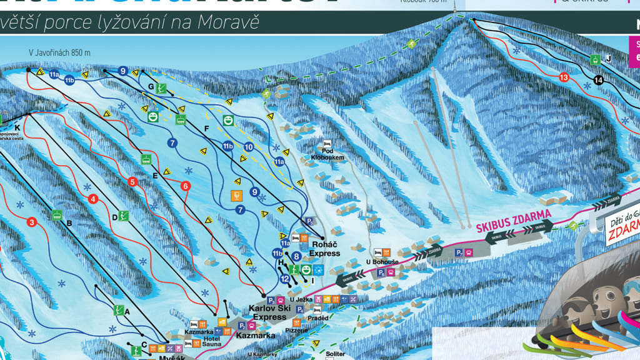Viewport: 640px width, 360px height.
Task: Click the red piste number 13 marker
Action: pos(564,77)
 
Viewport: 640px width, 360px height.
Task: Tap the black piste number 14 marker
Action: pos(599,80)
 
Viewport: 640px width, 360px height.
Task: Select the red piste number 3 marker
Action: pos(32,221)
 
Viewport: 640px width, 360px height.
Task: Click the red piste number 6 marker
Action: pos(185,186)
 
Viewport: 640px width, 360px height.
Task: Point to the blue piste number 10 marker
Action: pos(249,147)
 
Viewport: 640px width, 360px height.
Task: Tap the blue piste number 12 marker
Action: pos(285,279)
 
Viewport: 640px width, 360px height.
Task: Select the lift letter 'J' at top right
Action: pos(608,59)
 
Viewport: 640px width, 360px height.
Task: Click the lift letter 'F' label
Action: pos(206,128)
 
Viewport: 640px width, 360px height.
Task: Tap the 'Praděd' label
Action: pos(317,318)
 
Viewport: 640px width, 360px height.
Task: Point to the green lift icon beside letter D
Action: pos(124,216)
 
